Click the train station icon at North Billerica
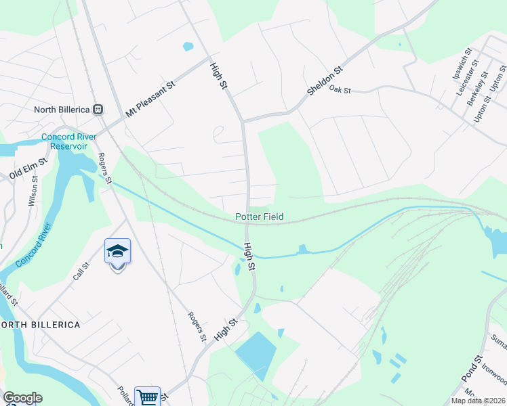(x=98, y=108)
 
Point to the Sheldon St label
(x=325, y=80)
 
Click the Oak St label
(x=340, y=89)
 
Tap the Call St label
(x=81, y=275)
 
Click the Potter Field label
(x=260, y=217)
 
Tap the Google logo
(x=22, y=398)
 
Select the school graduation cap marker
(x=117, y=252)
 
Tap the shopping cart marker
(x=147, y=397)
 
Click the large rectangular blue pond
(x=257, y=354)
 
